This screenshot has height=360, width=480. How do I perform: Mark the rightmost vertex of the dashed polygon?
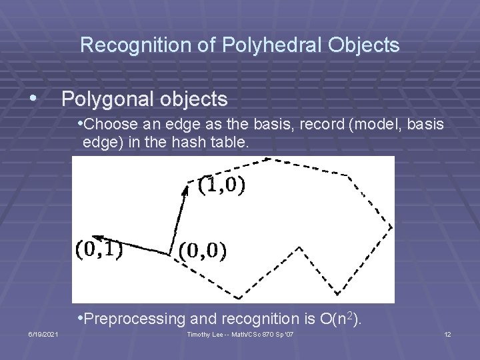(x=391, y=227)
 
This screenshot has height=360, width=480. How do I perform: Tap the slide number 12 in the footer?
(x=447, y=334)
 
